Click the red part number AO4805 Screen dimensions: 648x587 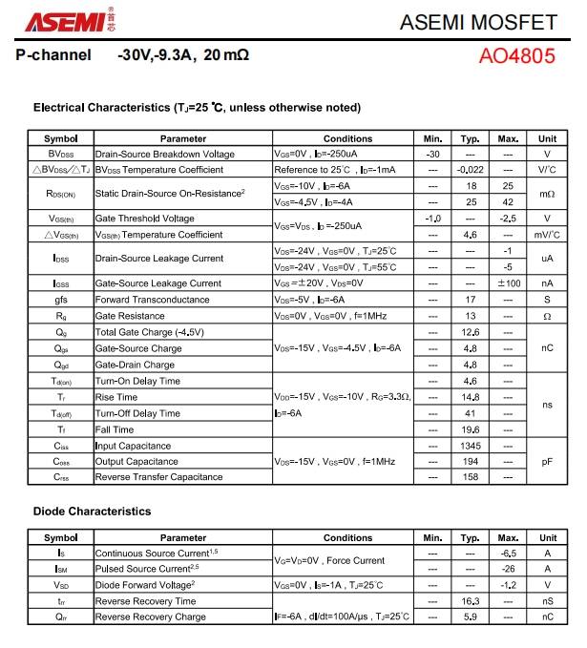point(516,55)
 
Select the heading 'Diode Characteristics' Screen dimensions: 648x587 point(92,512)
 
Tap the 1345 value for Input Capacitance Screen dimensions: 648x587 point(470,446)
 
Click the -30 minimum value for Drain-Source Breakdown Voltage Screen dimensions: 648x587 point(432,154)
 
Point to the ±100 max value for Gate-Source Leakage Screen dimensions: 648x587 point(508,283)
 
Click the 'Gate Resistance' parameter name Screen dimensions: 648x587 point(130,316)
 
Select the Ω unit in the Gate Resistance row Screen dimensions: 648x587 point(547,316)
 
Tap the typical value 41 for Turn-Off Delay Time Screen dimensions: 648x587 point(470,413)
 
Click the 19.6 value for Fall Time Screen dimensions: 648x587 point(470,429)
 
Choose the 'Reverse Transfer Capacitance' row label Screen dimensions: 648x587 point(158,477)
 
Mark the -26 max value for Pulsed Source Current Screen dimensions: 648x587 point(508,569)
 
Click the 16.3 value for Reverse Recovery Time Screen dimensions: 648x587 point(470,601)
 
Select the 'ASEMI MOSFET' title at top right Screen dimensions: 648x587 point(491,21)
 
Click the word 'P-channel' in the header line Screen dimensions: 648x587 point(54,55)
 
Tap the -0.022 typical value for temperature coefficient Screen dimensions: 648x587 point(470,170)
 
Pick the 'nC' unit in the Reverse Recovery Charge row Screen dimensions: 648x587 point(547,617)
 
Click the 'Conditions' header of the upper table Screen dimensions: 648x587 point(347,139)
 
